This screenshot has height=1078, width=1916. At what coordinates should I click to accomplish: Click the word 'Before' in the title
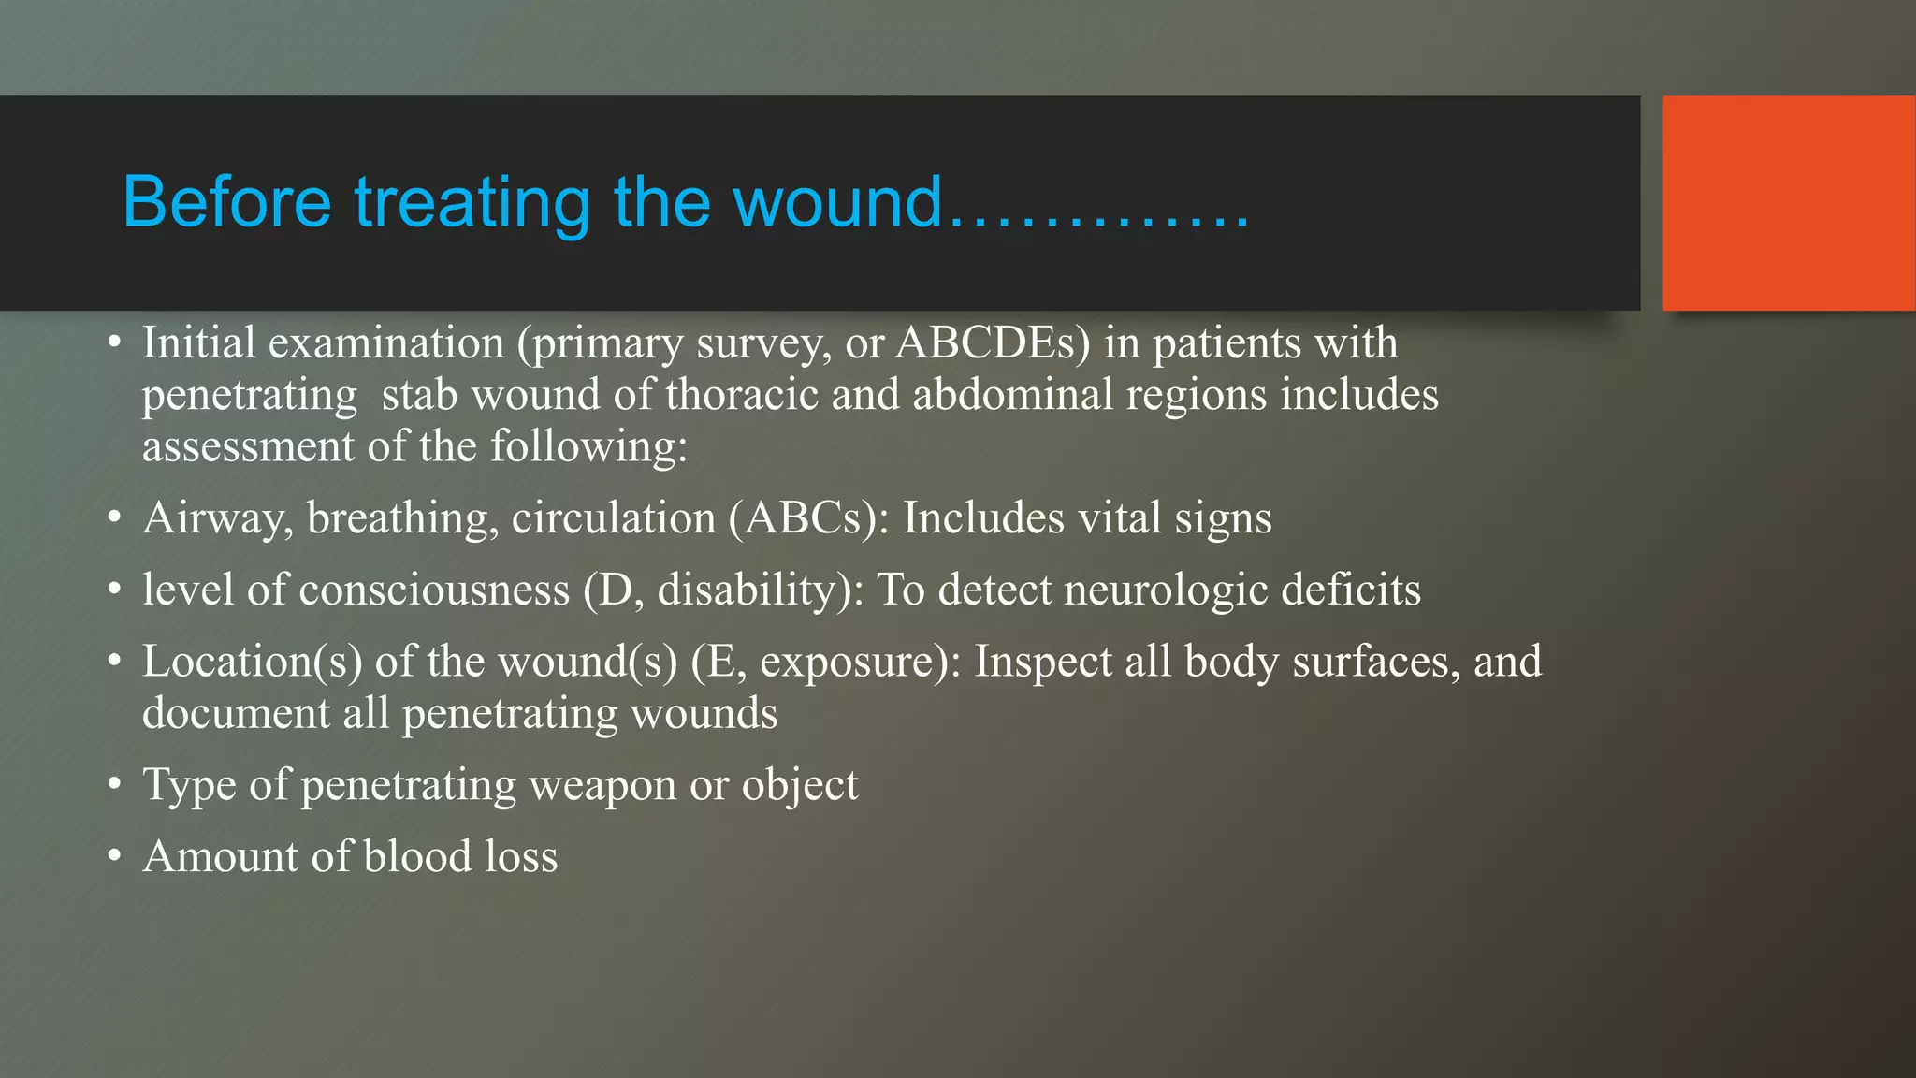pyautogui.click(x=226, y=202)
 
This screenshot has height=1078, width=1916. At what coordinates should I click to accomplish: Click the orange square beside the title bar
pyautogui.click(x=1788, y=202)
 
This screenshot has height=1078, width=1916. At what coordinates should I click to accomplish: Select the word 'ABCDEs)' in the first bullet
pyautogui.click(x=993, y=342)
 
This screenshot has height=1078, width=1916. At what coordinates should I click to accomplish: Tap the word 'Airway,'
pyautogui.click(x=218, y=518)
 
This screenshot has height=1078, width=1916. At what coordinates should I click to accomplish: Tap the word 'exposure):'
pyautogui.click(x=861, y=662)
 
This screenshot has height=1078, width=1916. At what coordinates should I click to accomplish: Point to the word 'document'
pyautogui.click(x=235, y=713)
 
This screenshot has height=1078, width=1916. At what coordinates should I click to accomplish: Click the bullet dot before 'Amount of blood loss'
pyautogui.click(x=114, y=856)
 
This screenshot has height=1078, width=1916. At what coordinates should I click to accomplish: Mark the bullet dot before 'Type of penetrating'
pyautogui.click(x=114, y=784)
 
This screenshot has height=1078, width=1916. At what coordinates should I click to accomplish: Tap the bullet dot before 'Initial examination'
pyautogui.click(x=114, y=342)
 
